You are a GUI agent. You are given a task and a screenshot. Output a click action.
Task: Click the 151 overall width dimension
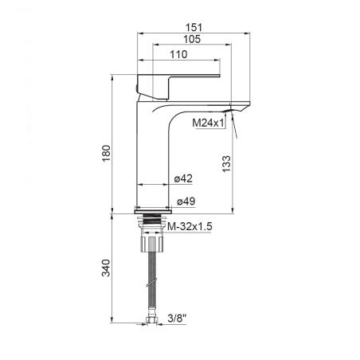point(194,27)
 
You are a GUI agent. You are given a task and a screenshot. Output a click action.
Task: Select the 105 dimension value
point(192,39)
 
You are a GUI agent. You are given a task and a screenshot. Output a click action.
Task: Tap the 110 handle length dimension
point(178,54)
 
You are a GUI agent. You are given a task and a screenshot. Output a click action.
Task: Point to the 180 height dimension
point(106,153)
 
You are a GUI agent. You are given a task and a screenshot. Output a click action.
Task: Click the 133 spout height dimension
point(226,164)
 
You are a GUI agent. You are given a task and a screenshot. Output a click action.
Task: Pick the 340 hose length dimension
point(106,268)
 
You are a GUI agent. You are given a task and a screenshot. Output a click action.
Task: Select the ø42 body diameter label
point(183,178)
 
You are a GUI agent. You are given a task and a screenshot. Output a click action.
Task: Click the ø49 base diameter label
point(186,202)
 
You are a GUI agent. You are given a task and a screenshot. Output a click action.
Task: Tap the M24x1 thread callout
point(208,123)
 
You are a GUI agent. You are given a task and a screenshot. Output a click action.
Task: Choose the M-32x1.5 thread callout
point(190,226)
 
